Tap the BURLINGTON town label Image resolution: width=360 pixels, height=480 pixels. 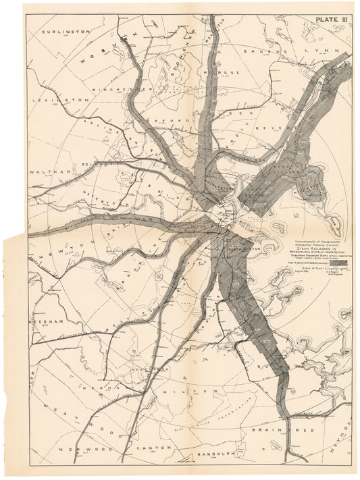[x=65, y=31]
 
